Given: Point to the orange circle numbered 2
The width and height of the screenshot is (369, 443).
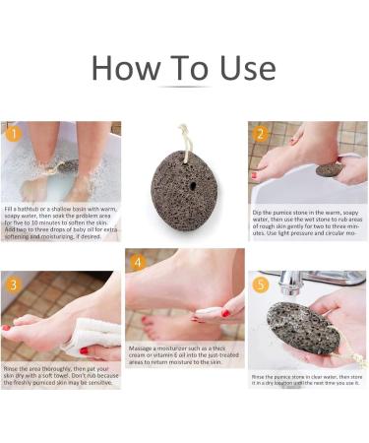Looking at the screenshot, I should (261, 134).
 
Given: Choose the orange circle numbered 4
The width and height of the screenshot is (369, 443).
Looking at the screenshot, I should (138, 263).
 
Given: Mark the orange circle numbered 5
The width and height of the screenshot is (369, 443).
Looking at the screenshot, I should (261, 285).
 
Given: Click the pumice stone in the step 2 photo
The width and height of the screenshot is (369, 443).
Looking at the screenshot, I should (330, 169).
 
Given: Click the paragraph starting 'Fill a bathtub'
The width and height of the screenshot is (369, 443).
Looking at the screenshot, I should (59, 223).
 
